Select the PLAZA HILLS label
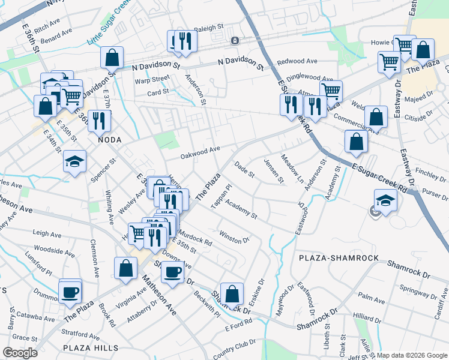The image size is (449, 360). tap(90, 347)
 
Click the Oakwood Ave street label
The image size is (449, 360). tap(201, 152)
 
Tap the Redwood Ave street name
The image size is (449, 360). tap(297, 61)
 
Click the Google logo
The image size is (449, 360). tap(20, 353)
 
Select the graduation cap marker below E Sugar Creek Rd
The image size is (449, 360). tap(385, 200)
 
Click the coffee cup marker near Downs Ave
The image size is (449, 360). tap(173, 272)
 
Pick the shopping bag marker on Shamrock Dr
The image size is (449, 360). tap(232, 294)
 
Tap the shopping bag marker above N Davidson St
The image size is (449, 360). tap(112, 58)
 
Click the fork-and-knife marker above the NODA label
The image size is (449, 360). tap(99, 121)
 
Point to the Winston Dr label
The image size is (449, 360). tap(235, 236)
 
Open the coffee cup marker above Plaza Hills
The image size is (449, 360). tap(70, 292)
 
